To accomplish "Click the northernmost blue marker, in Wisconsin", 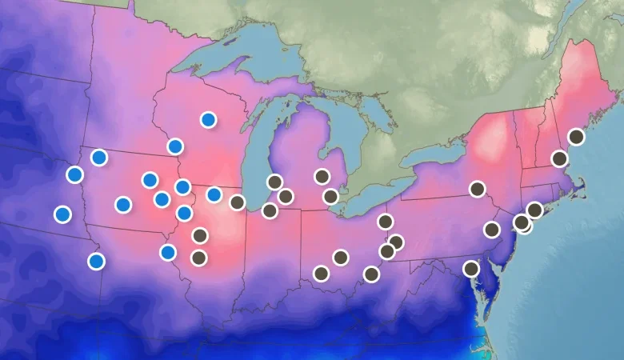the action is click(208, 120).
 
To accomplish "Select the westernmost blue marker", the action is click(62, 214).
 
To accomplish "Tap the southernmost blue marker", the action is click(96, 261).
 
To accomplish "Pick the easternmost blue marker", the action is click(214, 194).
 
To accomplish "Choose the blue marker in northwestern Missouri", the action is click(167, 253).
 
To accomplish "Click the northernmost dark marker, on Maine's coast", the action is click(576, 137).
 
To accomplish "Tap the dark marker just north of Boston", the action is click(560, 158).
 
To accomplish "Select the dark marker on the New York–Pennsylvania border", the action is click(477, 189).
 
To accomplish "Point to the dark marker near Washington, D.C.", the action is click(471, 269).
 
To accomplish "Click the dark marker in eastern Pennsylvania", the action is click(491, 230).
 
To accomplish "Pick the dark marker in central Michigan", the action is click(322, 177).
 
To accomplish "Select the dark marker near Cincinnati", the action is click(321, 274).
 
